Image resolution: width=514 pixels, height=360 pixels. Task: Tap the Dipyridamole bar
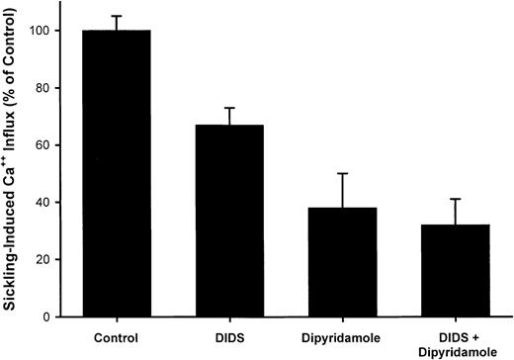coord(342,263)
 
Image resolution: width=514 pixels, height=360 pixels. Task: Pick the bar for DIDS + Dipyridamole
coord(455,271)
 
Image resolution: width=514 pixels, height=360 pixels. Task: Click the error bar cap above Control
coord(117,16)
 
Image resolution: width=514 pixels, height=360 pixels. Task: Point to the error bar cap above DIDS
coord(230,108)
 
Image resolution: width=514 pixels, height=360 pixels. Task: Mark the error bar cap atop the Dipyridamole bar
coord(342,174)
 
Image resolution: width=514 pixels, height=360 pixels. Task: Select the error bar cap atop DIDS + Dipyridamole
coord(455,199)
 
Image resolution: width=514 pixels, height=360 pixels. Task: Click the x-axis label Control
coord(117,335)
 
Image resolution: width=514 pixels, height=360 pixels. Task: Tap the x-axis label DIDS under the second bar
coord(230,335)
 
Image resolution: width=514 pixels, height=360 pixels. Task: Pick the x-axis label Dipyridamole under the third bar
coord(342,335)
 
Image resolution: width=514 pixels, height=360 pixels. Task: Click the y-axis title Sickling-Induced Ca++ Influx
coord(14,168)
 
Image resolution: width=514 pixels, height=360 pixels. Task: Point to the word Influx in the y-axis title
coord(14,119)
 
